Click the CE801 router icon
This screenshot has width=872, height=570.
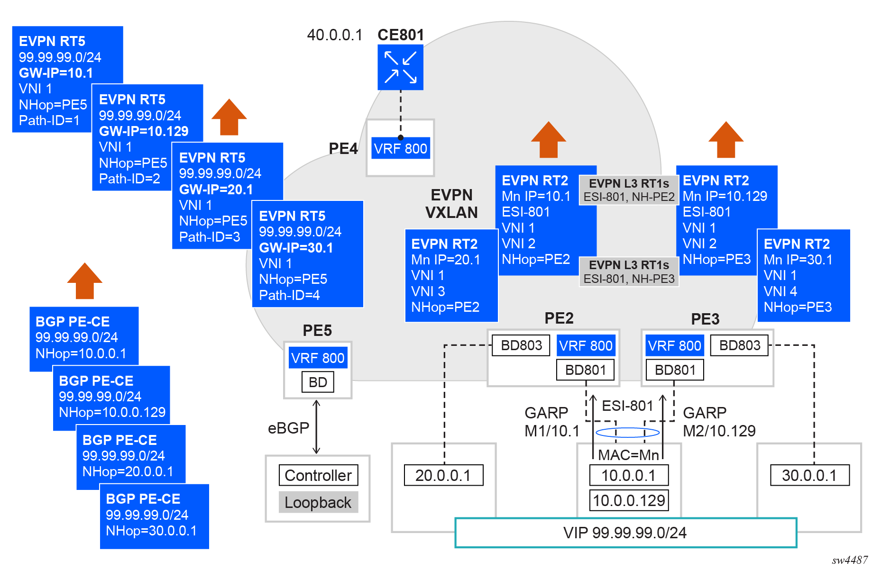coord(400,67)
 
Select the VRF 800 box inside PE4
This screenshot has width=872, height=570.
coord(400,149)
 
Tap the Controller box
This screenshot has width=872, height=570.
coord(318,475)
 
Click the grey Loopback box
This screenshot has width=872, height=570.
coord(318,502)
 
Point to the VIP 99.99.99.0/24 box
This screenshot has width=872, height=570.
coord(625,533)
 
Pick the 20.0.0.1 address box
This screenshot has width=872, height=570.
coord(443,475)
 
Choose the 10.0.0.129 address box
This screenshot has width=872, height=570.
coord(629,500)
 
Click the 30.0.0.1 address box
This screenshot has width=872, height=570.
coord(809,475)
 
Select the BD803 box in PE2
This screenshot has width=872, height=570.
coord(521,345)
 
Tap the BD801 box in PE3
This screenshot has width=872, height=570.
coord(675,370)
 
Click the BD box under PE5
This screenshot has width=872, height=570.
coord(318,382)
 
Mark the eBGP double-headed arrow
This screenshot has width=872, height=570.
coord(316,427)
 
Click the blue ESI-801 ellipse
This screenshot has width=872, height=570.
coord(627,432)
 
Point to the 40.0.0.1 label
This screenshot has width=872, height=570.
coord(334,35)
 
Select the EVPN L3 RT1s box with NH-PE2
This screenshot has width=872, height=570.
coord(629,190)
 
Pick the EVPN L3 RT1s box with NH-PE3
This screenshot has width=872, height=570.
coord(629,272)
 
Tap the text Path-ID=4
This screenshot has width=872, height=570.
coord(289,295)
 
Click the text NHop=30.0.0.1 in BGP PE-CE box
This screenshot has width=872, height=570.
coord(151,531)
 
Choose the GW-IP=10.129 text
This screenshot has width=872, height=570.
coord(144,131)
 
